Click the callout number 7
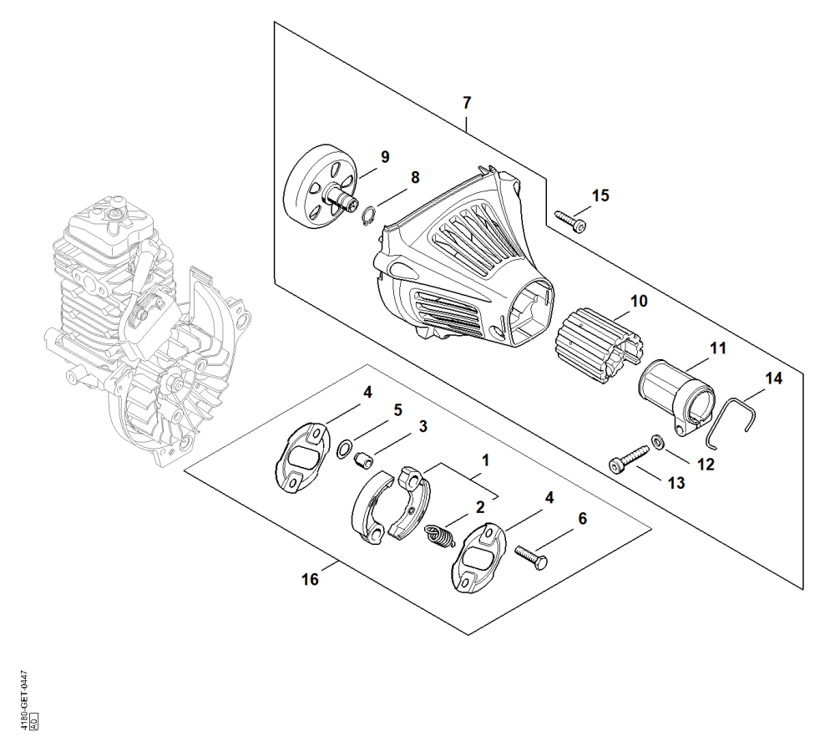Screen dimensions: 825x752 tap(468, 103)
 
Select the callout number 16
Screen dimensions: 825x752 tap(310, 579)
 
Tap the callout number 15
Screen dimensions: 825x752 tap(600, 196)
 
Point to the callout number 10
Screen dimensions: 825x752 tap(639, 302)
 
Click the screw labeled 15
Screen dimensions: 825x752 tap(570, 221)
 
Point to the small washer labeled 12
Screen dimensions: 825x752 tap(657, 441)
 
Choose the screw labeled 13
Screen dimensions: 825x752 tap(630, 458)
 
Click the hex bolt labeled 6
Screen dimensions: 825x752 tap(530, 556)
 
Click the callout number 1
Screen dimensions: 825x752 tap(486, 460)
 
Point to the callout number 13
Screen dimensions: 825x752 tap(676, 483)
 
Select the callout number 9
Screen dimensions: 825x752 tap(385, 156)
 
